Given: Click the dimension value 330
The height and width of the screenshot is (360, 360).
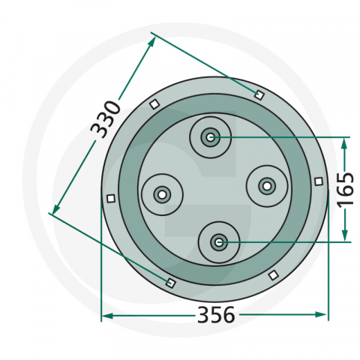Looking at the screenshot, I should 106,118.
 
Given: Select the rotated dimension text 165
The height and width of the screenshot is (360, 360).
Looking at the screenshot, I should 346,190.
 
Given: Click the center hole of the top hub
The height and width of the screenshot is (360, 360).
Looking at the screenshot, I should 209,137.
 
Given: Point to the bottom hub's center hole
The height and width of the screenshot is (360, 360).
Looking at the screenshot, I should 218,241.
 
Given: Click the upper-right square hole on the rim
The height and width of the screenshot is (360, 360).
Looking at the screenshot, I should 259,94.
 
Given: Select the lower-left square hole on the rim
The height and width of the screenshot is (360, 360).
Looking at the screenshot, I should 170,283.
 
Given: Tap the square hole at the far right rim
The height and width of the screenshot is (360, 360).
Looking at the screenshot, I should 319,181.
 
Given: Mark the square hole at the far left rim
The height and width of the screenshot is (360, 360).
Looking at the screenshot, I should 110,198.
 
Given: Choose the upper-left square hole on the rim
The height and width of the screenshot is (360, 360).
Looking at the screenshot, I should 154,103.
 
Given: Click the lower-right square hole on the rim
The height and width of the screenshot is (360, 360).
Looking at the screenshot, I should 272,274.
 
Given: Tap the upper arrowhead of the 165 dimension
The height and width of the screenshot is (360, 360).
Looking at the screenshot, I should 345,142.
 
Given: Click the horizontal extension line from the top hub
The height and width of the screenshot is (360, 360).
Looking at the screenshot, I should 285,137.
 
